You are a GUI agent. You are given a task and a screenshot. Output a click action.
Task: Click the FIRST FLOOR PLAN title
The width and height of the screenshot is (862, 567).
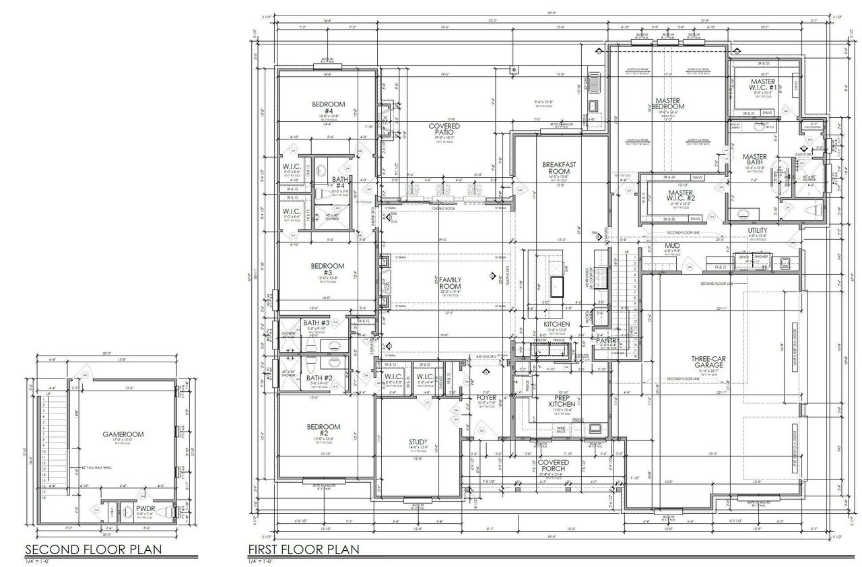point(303,549)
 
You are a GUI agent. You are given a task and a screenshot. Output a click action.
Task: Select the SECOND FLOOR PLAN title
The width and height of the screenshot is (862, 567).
point(94,549)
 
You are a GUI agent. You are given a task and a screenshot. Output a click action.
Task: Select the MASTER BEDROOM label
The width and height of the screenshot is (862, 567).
point(667,106)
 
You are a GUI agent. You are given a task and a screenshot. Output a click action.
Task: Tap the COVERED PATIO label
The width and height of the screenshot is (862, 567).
point(444,130)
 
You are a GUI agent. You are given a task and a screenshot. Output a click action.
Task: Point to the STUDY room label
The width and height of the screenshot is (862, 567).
point(418,442)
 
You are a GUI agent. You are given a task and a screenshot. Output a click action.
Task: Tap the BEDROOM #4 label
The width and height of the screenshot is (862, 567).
point(328,108)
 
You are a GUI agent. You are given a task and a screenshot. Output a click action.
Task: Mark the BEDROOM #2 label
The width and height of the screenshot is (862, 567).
point(324,431)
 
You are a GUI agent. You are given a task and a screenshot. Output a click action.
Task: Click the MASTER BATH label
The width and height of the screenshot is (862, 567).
point(755,161)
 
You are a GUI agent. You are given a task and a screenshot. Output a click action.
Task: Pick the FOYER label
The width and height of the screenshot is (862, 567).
point(486,398)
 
